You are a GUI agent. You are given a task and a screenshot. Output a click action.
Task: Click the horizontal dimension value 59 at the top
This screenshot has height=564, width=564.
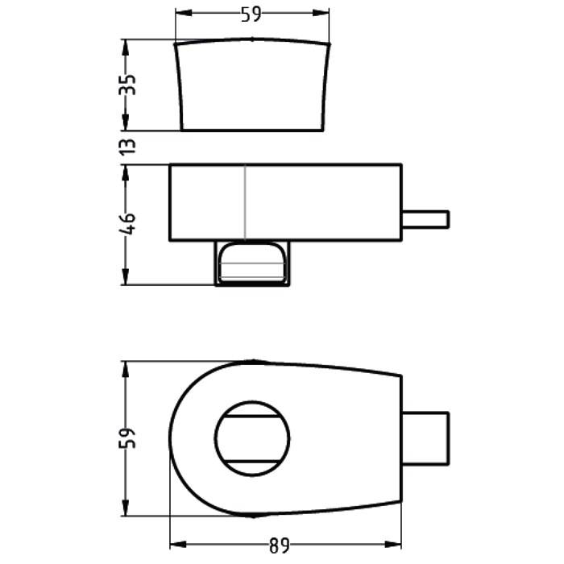tap(251, 14)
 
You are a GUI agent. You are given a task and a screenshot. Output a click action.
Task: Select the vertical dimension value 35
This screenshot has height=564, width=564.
tap(127, 85)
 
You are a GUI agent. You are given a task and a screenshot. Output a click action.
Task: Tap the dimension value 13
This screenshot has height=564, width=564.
tap(127, 147)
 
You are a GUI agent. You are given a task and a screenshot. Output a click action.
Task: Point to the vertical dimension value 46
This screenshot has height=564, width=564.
tap(127, 224)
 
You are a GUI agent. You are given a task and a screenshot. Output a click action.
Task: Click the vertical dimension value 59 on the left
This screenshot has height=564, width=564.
tap(127, 438)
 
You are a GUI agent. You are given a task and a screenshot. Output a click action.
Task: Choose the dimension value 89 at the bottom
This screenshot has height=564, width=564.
tap(280, 546)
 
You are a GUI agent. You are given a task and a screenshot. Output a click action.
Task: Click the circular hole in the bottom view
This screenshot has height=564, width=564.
tap(252, 438)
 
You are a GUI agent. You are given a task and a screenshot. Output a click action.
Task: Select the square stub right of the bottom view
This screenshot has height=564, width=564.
tap(425, 438)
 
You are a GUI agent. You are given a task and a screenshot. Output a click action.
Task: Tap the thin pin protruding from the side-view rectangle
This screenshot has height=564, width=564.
tap(425, 219)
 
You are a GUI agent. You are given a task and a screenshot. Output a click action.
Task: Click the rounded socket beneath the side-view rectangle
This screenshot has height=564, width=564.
tap(252, 263)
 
